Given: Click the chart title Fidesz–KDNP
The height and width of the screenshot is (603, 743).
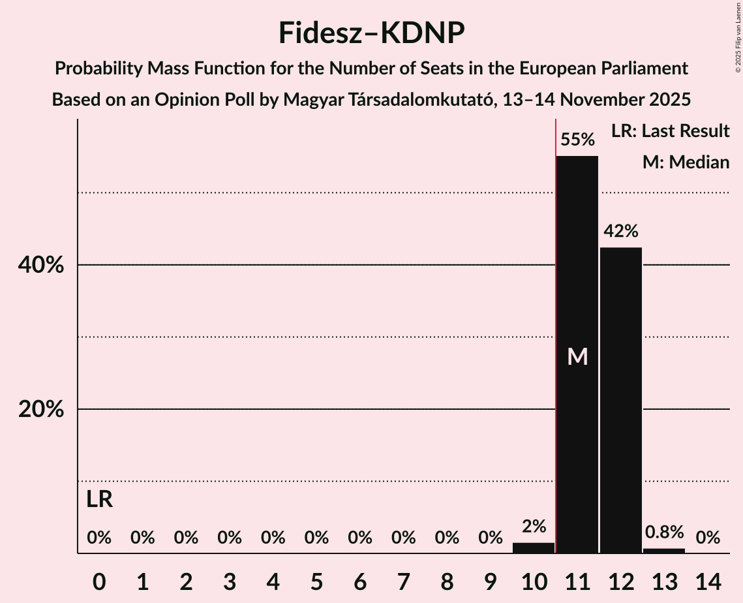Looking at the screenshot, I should click(x=371, y=33).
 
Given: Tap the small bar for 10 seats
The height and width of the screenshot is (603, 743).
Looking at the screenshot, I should click(x=534, y=548).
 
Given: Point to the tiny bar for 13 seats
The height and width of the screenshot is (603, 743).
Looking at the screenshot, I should click(x=664, y=551).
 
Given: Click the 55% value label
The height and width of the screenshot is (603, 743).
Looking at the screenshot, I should click(x=577, y=140).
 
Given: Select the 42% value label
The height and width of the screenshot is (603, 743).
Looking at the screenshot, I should click(x=621, y=231).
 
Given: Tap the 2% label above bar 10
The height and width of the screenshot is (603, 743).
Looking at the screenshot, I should click(x=534, y=526).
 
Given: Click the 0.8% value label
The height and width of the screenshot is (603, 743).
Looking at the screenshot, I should click(x=664, y=533).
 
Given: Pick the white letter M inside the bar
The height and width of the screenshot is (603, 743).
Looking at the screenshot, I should click(x=577, y=356).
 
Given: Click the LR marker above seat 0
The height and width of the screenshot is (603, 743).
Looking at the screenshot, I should click(x=99, y=500).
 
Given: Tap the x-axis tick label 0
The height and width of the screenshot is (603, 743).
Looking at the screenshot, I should click(x=99, y=581).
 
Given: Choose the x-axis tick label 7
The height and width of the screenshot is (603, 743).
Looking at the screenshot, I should click(x=403, y=581).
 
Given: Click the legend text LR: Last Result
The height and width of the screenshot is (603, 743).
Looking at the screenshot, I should click(x=670, y=131).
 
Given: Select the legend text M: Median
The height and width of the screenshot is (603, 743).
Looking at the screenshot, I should click(x=686, y=162).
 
